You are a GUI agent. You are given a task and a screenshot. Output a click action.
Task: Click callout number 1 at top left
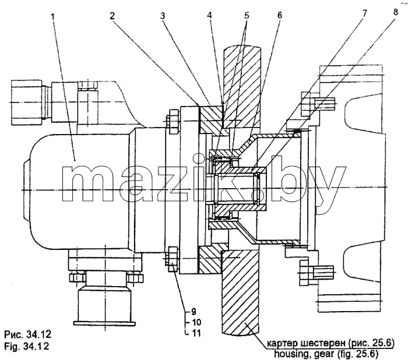click(x=53, y=17)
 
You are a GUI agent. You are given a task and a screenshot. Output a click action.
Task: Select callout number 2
click(x=112, y=16)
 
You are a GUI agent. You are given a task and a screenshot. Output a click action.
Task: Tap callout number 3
click(x=163, y=16)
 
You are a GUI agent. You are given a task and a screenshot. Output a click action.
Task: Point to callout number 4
click(x=209, y=15)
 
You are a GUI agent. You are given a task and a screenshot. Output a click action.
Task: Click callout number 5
click(x=247, y=15)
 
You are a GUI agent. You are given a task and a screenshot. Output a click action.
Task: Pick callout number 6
click(x=279, y=15)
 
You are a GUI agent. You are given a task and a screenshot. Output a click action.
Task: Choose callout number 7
click(x=364, y=13)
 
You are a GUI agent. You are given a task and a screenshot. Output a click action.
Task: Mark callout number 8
click(x=395, y=12)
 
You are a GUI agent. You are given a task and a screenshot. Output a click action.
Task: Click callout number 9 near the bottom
click(x=194, y=312)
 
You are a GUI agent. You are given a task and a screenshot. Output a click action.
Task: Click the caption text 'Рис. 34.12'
click(x=28, y=334)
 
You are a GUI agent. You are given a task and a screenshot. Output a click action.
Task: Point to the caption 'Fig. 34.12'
click(x=27, y=346)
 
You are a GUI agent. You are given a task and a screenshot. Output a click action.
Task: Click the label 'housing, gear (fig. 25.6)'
click(x=326, y=354)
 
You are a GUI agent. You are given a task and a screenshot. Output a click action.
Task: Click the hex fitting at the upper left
click(x=26, y=103)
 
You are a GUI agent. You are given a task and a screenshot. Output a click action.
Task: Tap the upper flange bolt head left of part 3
click(x=173, y=122)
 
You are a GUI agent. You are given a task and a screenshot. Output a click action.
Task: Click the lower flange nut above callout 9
click(x=173, y=259)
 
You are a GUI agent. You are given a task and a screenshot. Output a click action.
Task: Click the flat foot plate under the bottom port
click(x=104, y=323)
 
